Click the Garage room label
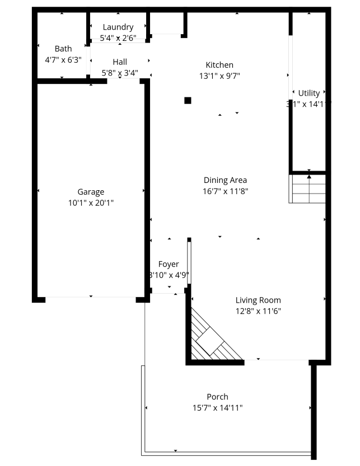91,192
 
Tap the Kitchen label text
219,65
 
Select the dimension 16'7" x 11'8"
225,191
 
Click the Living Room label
258,300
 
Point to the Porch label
217,397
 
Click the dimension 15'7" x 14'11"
217,408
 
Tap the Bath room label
63,49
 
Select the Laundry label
118,27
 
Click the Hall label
120,62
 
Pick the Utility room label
309,93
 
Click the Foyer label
169,264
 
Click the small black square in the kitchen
188,101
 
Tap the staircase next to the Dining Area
307,189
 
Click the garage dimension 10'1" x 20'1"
91,203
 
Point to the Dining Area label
225,180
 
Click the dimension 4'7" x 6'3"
63,59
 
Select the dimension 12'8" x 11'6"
258,311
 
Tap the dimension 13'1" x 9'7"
219,76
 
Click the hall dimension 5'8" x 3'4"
120,73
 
